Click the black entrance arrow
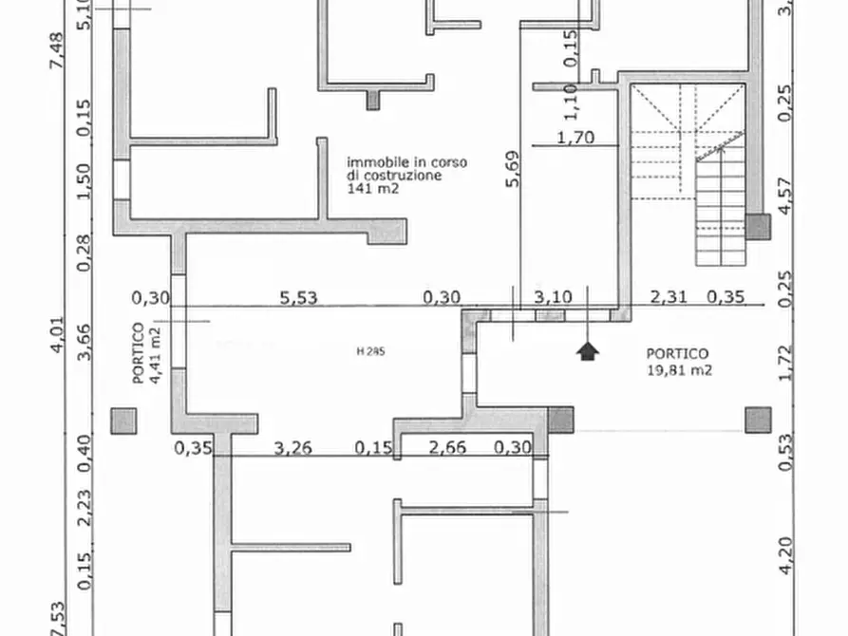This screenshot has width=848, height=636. [x=589, y=351]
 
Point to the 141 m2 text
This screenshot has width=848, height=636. [x=372, y=189]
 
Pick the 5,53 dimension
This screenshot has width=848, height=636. [x=298, y=297]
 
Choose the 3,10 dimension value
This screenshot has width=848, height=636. [x=553, y=297]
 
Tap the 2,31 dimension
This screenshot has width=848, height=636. [x=668, y=297]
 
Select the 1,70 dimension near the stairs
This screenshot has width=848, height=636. [x=575, y=138]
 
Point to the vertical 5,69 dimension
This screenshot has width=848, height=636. [x=513, y=173]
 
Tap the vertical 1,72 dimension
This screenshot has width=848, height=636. [x=785, y=363]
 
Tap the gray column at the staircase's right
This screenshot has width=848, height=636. [x=757, y=226]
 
